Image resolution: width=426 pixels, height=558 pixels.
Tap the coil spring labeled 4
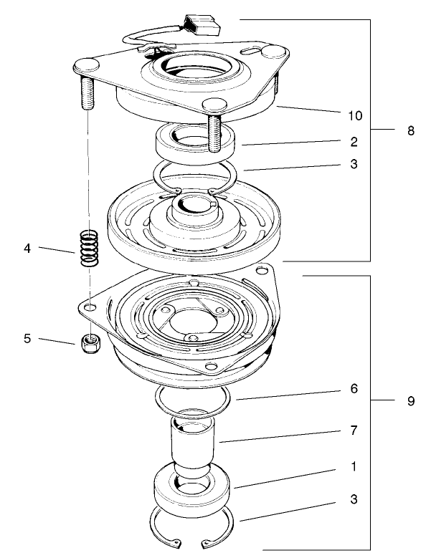[87, 248]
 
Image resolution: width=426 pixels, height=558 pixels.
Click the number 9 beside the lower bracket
[410, 401]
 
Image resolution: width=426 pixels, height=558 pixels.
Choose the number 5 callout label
[27, 338]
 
